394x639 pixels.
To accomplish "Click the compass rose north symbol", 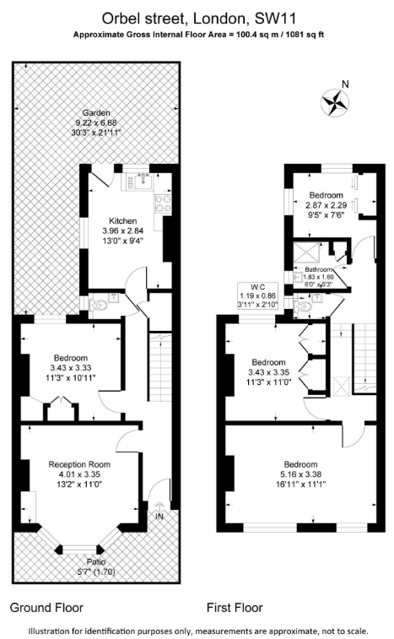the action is click(x=334, y=102).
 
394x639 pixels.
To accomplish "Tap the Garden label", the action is click(x=96, y=113).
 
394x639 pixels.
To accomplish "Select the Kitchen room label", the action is click(x=122, y=221).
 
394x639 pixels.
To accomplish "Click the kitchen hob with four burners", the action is click(x=163, y=203).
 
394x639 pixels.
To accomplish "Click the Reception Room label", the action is click(x=79, y=464).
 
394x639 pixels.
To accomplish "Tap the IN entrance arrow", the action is click(x=159, y=507).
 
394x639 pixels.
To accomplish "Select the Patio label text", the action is click(x=95, y=562).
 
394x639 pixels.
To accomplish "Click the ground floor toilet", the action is click(x=99, y=305).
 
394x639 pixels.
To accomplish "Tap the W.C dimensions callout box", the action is click(x=258, y=295).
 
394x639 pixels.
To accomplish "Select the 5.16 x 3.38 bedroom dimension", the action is click(x=301, y=474).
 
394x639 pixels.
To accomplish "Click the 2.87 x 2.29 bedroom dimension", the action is click(x=326, y=205).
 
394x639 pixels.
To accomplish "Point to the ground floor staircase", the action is click(x=159, y=367).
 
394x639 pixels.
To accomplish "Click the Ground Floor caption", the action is click(x=46, y=608).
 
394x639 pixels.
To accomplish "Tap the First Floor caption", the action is click(x=235, y=608).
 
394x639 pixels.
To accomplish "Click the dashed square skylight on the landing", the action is click(x=342, y=386).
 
